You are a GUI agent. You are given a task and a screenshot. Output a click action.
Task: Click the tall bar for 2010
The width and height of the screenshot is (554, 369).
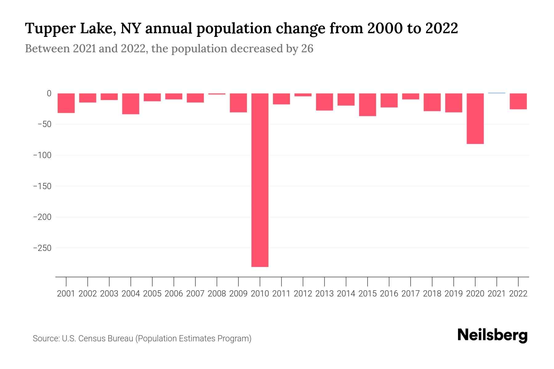[x=260, y=180]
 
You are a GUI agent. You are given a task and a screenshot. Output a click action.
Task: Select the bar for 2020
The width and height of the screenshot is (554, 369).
[x=475, y=119]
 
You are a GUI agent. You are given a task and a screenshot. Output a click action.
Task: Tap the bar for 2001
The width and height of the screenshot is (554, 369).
[x=66, y=103]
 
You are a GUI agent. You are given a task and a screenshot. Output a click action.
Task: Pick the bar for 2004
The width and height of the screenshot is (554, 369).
[x=131, y=104]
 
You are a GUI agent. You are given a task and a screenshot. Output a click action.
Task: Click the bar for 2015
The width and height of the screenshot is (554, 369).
[x=367, y=105]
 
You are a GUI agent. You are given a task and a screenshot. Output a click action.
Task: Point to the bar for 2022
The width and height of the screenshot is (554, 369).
[x=518, y=101]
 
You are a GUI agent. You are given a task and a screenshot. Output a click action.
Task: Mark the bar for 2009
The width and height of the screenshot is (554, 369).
[x=238, y=103]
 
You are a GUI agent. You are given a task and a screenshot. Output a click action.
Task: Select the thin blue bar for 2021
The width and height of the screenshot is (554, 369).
[x=497, y=93]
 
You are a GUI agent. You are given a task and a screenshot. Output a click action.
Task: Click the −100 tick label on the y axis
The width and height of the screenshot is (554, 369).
[x=42, y=155]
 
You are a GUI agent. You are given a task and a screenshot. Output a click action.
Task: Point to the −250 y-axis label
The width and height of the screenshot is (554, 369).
[x=42, y=248]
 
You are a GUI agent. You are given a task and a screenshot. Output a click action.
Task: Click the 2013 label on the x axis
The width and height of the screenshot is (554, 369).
[x=324, y=294]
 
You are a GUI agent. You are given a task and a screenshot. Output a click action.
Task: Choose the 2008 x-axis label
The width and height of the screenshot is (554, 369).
[x=217, y=294]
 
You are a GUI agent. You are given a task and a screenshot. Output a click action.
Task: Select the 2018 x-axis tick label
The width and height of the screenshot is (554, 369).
[x=432, y=294]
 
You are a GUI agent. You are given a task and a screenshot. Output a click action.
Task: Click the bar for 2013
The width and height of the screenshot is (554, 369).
[x=324, y=102]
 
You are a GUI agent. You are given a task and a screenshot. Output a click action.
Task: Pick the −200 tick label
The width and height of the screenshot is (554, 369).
[x=42, y=217]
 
